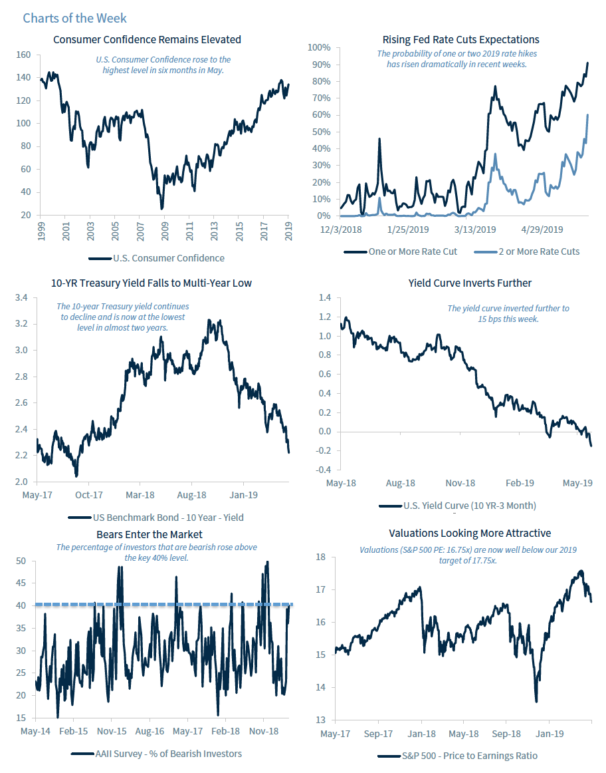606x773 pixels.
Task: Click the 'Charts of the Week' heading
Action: click(74, 18)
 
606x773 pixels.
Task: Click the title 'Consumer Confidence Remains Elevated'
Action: click(147, 40)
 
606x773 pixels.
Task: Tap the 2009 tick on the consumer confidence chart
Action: click(163, 230)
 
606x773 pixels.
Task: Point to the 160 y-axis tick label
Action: click(24, 55)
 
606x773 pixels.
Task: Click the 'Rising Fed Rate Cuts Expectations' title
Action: click(460, 40)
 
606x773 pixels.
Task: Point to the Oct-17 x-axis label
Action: click(88, 495)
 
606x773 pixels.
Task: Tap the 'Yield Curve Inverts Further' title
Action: click(470, 283)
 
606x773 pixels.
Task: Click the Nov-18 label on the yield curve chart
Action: click(460, 483)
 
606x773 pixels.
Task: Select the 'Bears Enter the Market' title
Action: click(150, 534)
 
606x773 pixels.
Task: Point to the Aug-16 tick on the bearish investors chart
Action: click(150, 731)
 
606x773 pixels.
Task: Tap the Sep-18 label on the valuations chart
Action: click(506, 734)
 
